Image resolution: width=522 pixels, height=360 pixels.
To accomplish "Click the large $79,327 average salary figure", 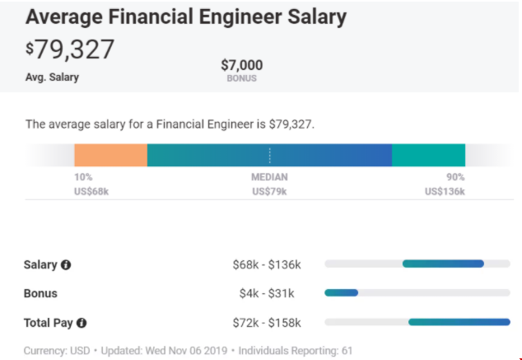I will point(71,49).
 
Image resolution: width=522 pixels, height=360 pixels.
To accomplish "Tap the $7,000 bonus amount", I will point(241,64).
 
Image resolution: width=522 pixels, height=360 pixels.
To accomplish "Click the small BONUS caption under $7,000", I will point(241,78).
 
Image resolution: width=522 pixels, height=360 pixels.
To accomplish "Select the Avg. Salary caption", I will point(52,77).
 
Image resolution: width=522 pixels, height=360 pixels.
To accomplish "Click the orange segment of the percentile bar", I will point(110,155).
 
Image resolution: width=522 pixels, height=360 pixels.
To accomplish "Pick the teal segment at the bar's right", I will point(428,155).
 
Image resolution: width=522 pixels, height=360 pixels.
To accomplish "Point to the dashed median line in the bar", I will point(269,155).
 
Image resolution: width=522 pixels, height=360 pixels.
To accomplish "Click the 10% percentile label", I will point(83,177).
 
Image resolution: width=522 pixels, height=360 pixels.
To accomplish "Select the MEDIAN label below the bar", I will point(269,177).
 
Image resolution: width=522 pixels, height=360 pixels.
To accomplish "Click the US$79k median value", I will point(269,191).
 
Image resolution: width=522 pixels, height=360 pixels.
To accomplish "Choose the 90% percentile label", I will point(455,177).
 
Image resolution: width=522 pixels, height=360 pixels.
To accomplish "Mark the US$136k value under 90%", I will point(445,191).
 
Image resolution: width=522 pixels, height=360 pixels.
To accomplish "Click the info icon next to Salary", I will point(66,265).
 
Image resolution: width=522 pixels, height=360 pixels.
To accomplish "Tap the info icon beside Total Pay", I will point(82,323).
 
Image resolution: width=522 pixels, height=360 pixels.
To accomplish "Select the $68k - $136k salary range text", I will point(267,265).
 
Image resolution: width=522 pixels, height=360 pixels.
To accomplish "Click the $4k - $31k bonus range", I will point(267,293).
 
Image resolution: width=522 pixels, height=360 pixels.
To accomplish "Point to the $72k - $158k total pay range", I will point(267,323).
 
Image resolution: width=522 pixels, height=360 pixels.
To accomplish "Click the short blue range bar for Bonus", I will point(342,292).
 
